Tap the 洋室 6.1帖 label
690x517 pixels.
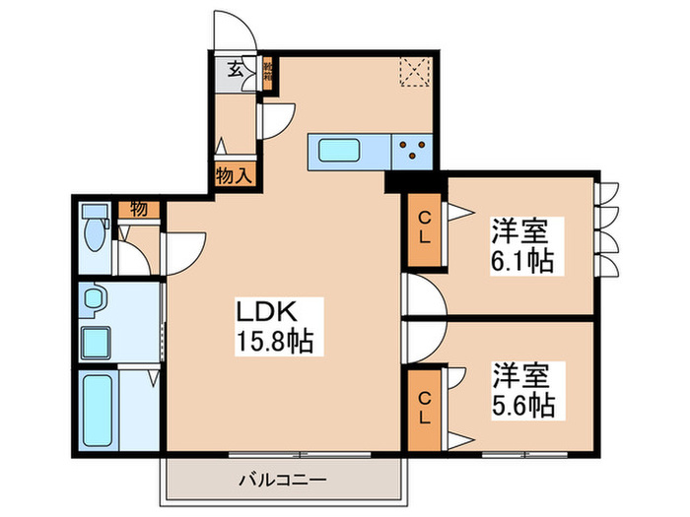click(x=521, y=247)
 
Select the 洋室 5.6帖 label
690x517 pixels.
click(x=521, y=390)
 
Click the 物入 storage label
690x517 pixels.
click(x=236, y=177)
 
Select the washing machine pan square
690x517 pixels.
click(x=97, y=343)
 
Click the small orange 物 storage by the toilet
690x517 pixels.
click(x=139, y=210)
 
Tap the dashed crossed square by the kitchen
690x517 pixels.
click(x=411, y=72)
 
